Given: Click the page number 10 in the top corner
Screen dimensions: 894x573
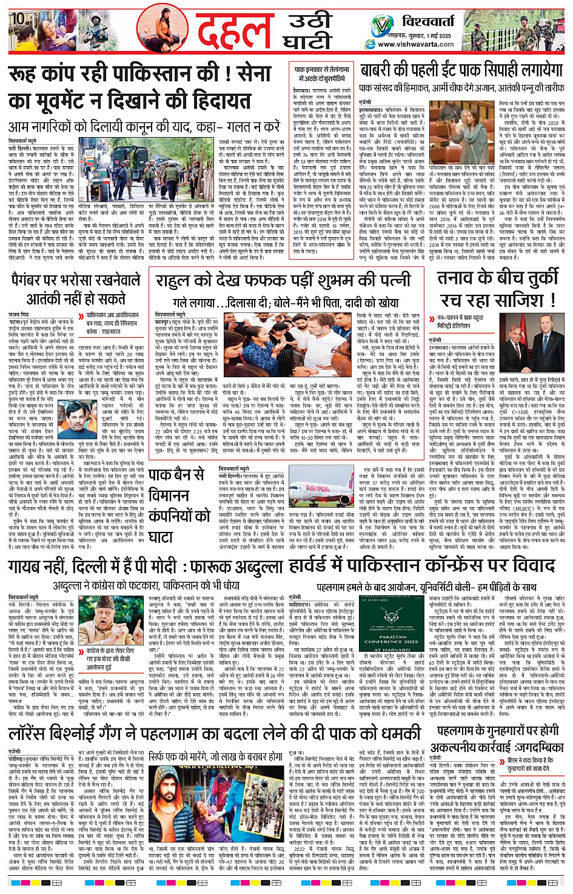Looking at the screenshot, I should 18,18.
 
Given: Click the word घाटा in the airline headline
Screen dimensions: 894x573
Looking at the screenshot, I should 160,537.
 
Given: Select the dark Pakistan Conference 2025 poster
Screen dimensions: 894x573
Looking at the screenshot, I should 392,636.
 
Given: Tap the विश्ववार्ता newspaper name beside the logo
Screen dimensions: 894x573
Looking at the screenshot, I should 428,22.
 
